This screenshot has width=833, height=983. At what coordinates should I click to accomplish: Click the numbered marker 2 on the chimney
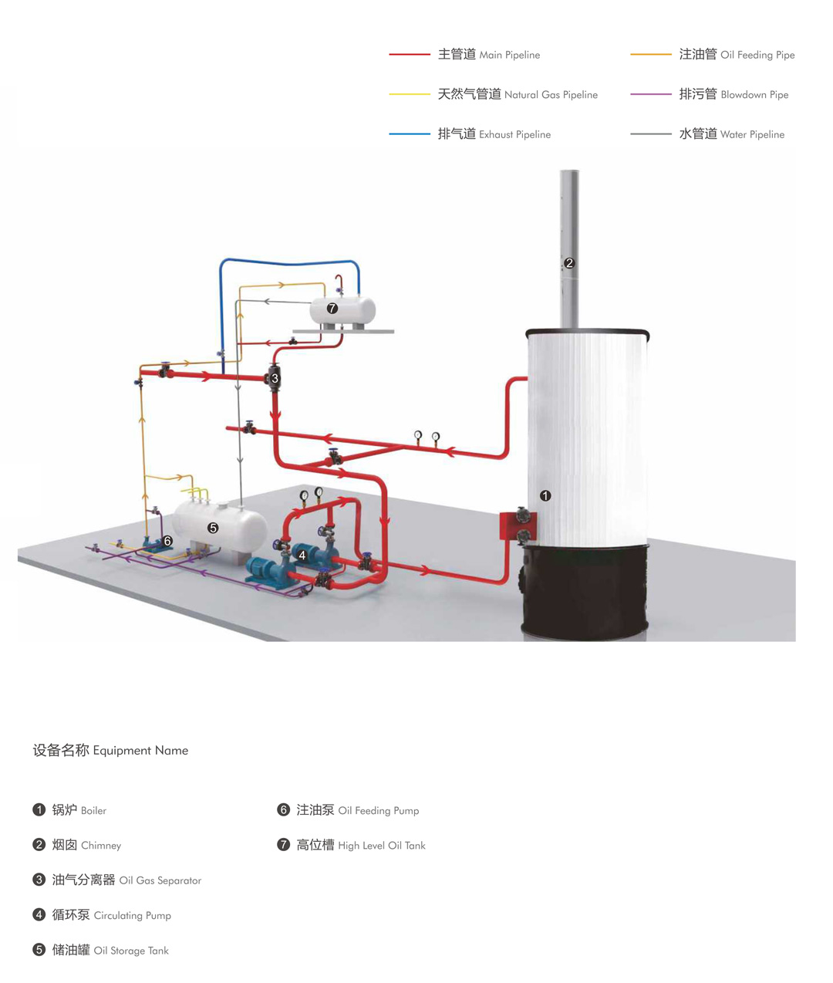(x=569, y=263)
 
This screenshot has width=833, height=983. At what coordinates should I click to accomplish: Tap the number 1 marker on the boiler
(x=545, y=495)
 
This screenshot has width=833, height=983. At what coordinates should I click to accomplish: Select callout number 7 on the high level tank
(x=332, y=308)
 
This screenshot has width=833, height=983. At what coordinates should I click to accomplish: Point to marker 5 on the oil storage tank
(x=213, y=528)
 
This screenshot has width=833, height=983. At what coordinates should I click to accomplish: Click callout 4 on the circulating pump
(x=302, y=555)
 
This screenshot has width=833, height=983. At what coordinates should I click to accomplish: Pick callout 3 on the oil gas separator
(x=275, y=378)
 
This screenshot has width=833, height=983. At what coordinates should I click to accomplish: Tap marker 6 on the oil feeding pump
(x=167, y=541)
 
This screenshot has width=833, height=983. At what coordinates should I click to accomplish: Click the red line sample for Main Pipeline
(x=410, y=55)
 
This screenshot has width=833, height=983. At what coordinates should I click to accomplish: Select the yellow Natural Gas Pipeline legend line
(x=410, y=94)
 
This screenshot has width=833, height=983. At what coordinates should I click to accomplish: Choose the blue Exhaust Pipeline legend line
(x=410, y=134)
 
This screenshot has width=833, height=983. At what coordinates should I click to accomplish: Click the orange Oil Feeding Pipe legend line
(x=651, y=55)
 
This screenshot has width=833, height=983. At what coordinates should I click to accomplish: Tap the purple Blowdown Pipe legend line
(x=651, y=94)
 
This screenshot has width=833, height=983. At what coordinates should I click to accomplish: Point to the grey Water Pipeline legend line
(x=651, y=134)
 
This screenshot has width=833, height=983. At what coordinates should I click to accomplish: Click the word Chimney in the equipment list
(x=101, y=846)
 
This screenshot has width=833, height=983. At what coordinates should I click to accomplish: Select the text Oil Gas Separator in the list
(x=160, y=880)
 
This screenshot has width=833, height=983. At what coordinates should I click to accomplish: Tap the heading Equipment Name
(x=140, y=751)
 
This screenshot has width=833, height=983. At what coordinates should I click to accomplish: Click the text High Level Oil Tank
(x=381, y=846)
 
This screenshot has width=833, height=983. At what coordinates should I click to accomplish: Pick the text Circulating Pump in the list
(x=132, y=916)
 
